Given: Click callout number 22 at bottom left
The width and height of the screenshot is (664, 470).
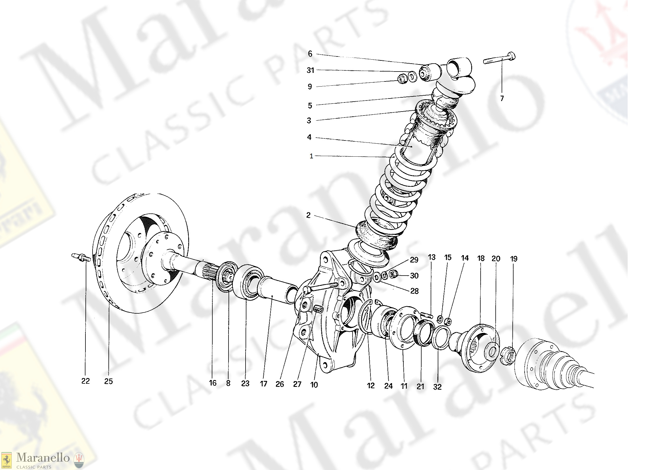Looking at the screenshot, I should pyautogui.click(x=85, y=381).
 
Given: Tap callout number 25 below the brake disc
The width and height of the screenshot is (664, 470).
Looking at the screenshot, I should pyautogui.click(x=108, y=381).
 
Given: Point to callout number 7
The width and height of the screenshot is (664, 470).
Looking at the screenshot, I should pyautogui.click(x=502, y=99).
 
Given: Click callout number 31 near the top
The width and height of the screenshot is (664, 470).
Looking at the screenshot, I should pyautogui.click(x=310, y=70).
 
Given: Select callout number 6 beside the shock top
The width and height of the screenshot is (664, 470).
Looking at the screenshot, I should pyautogui.click(x=310, y=54).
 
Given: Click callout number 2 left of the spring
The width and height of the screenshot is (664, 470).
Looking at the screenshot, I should pyautogui.click(x=309, y=215).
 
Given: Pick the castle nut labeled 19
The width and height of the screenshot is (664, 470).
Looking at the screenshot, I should pyautogui.click(x=507, y=356).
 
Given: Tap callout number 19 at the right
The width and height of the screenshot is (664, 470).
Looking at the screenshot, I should pyautogui.click(x=514, y=259).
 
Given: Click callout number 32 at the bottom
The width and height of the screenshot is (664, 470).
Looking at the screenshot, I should pyautogui.click(x=437, y=387).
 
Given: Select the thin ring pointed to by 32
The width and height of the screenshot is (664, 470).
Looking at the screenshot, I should pyautogui.click(x=441, y=338).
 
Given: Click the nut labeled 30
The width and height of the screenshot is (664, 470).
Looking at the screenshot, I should pyautogui.click(x=393, y=274).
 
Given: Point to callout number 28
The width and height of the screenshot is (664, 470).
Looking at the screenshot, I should pyautogui.click(x=414, y=291).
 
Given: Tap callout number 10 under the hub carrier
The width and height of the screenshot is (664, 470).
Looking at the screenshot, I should pyautogui.click(x=314, y=385).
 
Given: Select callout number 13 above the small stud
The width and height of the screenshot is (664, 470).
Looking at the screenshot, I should pyautogui.click(x=432, y=257).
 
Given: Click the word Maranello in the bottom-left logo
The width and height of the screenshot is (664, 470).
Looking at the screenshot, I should pyautogui.click(x=43, y=458).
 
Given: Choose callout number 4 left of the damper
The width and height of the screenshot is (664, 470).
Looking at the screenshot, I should pyautogui.click(x=309, y=137).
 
